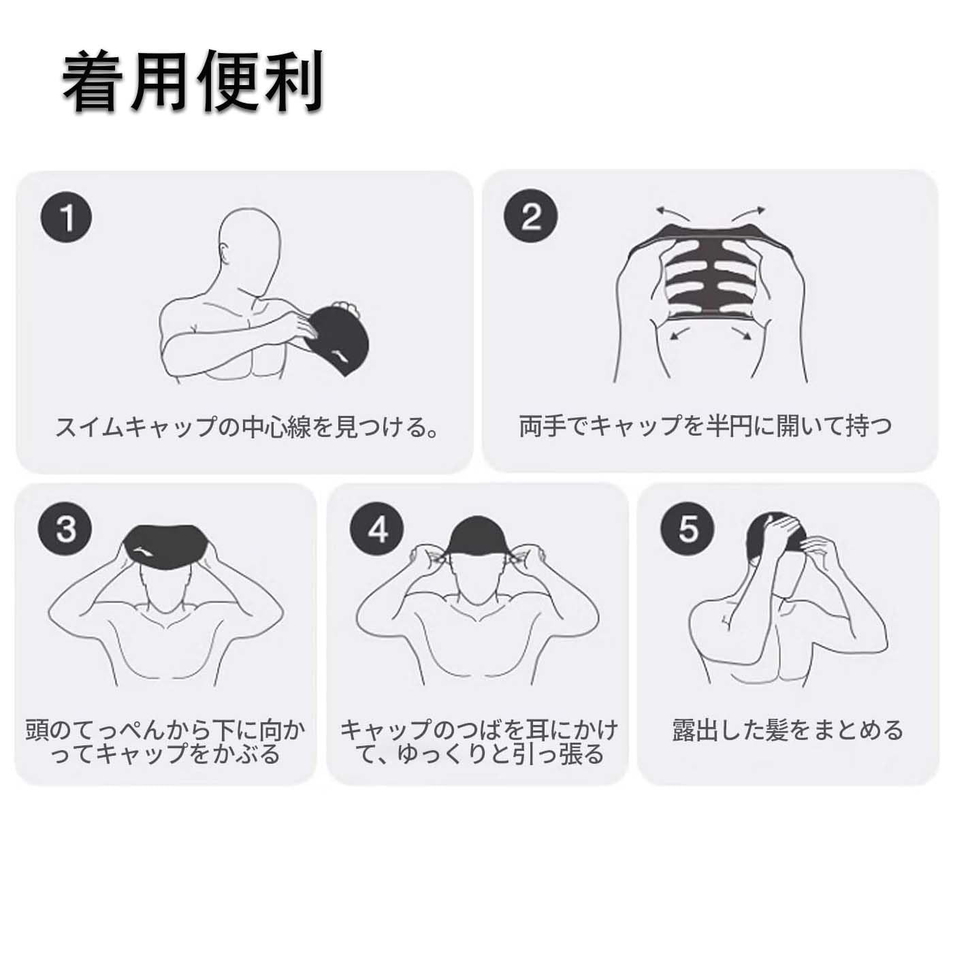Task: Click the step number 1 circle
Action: click(x=66, y=216)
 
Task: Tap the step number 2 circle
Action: click(x=530, y=216)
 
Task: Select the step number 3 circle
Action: click(x=66, y=530)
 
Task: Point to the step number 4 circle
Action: click(x=377, y=530)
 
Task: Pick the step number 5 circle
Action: click(x=688, y=530)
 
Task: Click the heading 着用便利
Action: click(x=193, y=81)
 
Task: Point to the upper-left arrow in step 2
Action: click(x=674, y=214)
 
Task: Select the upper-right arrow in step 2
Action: click(x=748, y=214)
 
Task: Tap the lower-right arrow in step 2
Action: click(x=741, y=334)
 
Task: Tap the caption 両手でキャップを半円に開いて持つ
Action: click(x=705, y=426)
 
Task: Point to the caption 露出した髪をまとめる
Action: click(x=788, y=730)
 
